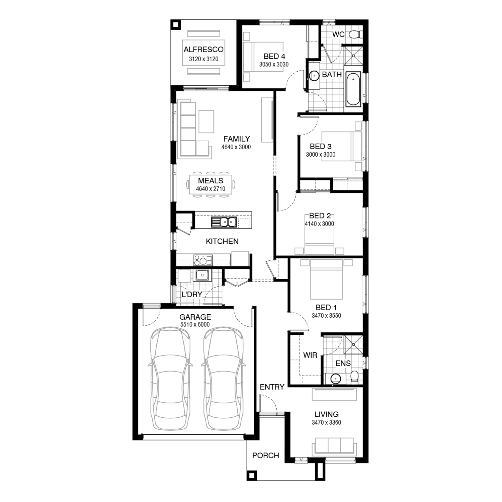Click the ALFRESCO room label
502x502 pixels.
pos(203,50)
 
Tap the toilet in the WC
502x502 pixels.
pos(355,34)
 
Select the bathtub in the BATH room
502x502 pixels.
pos(353,89)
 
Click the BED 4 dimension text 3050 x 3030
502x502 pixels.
pos(274,65)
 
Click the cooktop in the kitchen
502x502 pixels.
pos(203,260)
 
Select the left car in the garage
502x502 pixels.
pos(170,379)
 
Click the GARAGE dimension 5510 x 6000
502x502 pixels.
pos(195,325)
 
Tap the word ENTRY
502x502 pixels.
pos(272,387)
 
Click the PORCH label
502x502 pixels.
pos(266,455)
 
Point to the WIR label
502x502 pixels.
pos(310,355)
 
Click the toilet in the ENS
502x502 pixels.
pos(354,377)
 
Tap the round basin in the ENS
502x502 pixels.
pos(336,379)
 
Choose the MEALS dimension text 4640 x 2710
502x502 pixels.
pos(211,189)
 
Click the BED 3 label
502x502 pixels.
pos(321,146)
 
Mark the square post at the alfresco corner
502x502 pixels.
pos(175,24)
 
